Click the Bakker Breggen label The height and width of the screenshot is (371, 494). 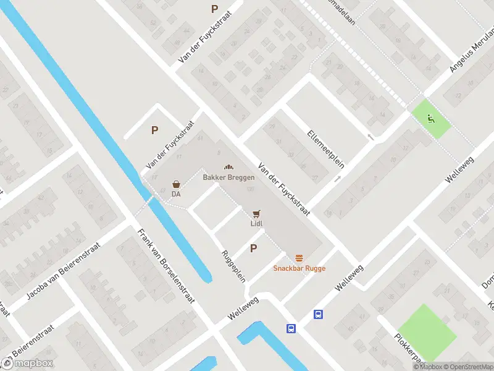pyautogui.click(x=228, y=177)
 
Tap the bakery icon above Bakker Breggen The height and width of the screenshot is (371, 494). pyautogui.click(x=228, y=168)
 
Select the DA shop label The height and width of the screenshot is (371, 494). pyautogui.click(x=176, y=194)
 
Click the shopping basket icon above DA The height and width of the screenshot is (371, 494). pyautogui.click(x=177, y=184)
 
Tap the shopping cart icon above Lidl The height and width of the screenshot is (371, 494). pyautogui.click(x=256, y=214)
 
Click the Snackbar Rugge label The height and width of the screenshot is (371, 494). pyautogui.click(x=299, y=268)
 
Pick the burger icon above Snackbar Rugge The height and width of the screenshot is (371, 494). pyautogui.click(x=299, y=257)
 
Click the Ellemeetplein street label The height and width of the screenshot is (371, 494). pyautogui.click(x=325, y=148)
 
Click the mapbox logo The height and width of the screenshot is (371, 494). pyautogui.click(x=27, y=363)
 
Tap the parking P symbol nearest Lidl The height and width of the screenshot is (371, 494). pyautogui.click(x=253, y=249)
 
